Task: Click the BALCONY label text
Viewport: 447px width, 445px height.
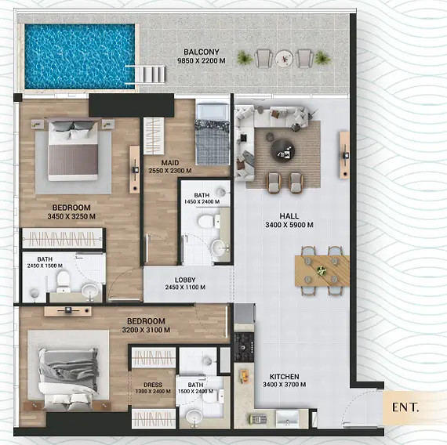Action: tap(202, 52)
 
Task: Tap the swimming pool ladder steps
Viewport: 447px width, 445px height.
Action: tap(145, 74)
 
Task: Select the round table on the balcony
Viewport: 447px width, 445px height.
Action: tap(284, 59)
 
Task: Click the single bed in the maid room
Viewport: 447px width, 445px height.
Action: tap(212, 134)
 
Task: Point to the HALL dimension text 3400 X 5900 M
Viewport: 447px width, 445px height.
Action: tap(289, 225)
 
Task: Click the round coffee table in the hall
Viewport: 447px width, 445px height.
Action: tap(282, 150)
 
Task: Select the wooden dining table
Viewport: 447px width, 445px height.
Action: tap(322, 270)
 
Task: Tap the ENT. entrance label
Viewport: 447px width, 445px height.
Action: tap(405, 407)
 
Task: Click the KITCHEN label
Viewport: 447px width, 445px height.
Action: tap(285, 376)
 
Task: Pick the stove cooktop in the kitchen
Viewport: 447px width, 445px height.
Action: tap(244, 347)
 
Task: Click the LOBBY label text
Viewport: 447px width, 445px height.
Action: tap(185, 280)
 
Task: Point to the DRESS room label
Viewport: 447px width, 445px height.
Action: tap(153, 385)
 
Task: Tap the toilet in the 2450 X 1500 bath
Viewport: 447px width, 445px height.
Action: tap(64, 280)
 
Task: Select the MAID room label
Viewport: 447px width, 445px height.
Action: tap(170, 163)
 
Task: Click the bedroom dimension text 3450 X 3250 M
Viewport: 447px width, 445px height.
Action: tap(71, 216)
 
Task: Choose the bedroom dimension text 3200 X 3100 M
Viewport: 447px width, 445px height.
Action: tap(146, 330)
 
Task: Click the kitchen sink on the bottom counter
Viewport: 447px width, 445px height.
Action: tap(287, 419)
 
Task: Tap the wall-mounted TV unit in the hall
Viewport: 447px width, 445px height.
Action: tap(344, 155)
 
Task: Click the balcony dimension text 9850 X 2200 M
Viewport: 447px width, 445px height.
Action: tap(202, 60)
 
